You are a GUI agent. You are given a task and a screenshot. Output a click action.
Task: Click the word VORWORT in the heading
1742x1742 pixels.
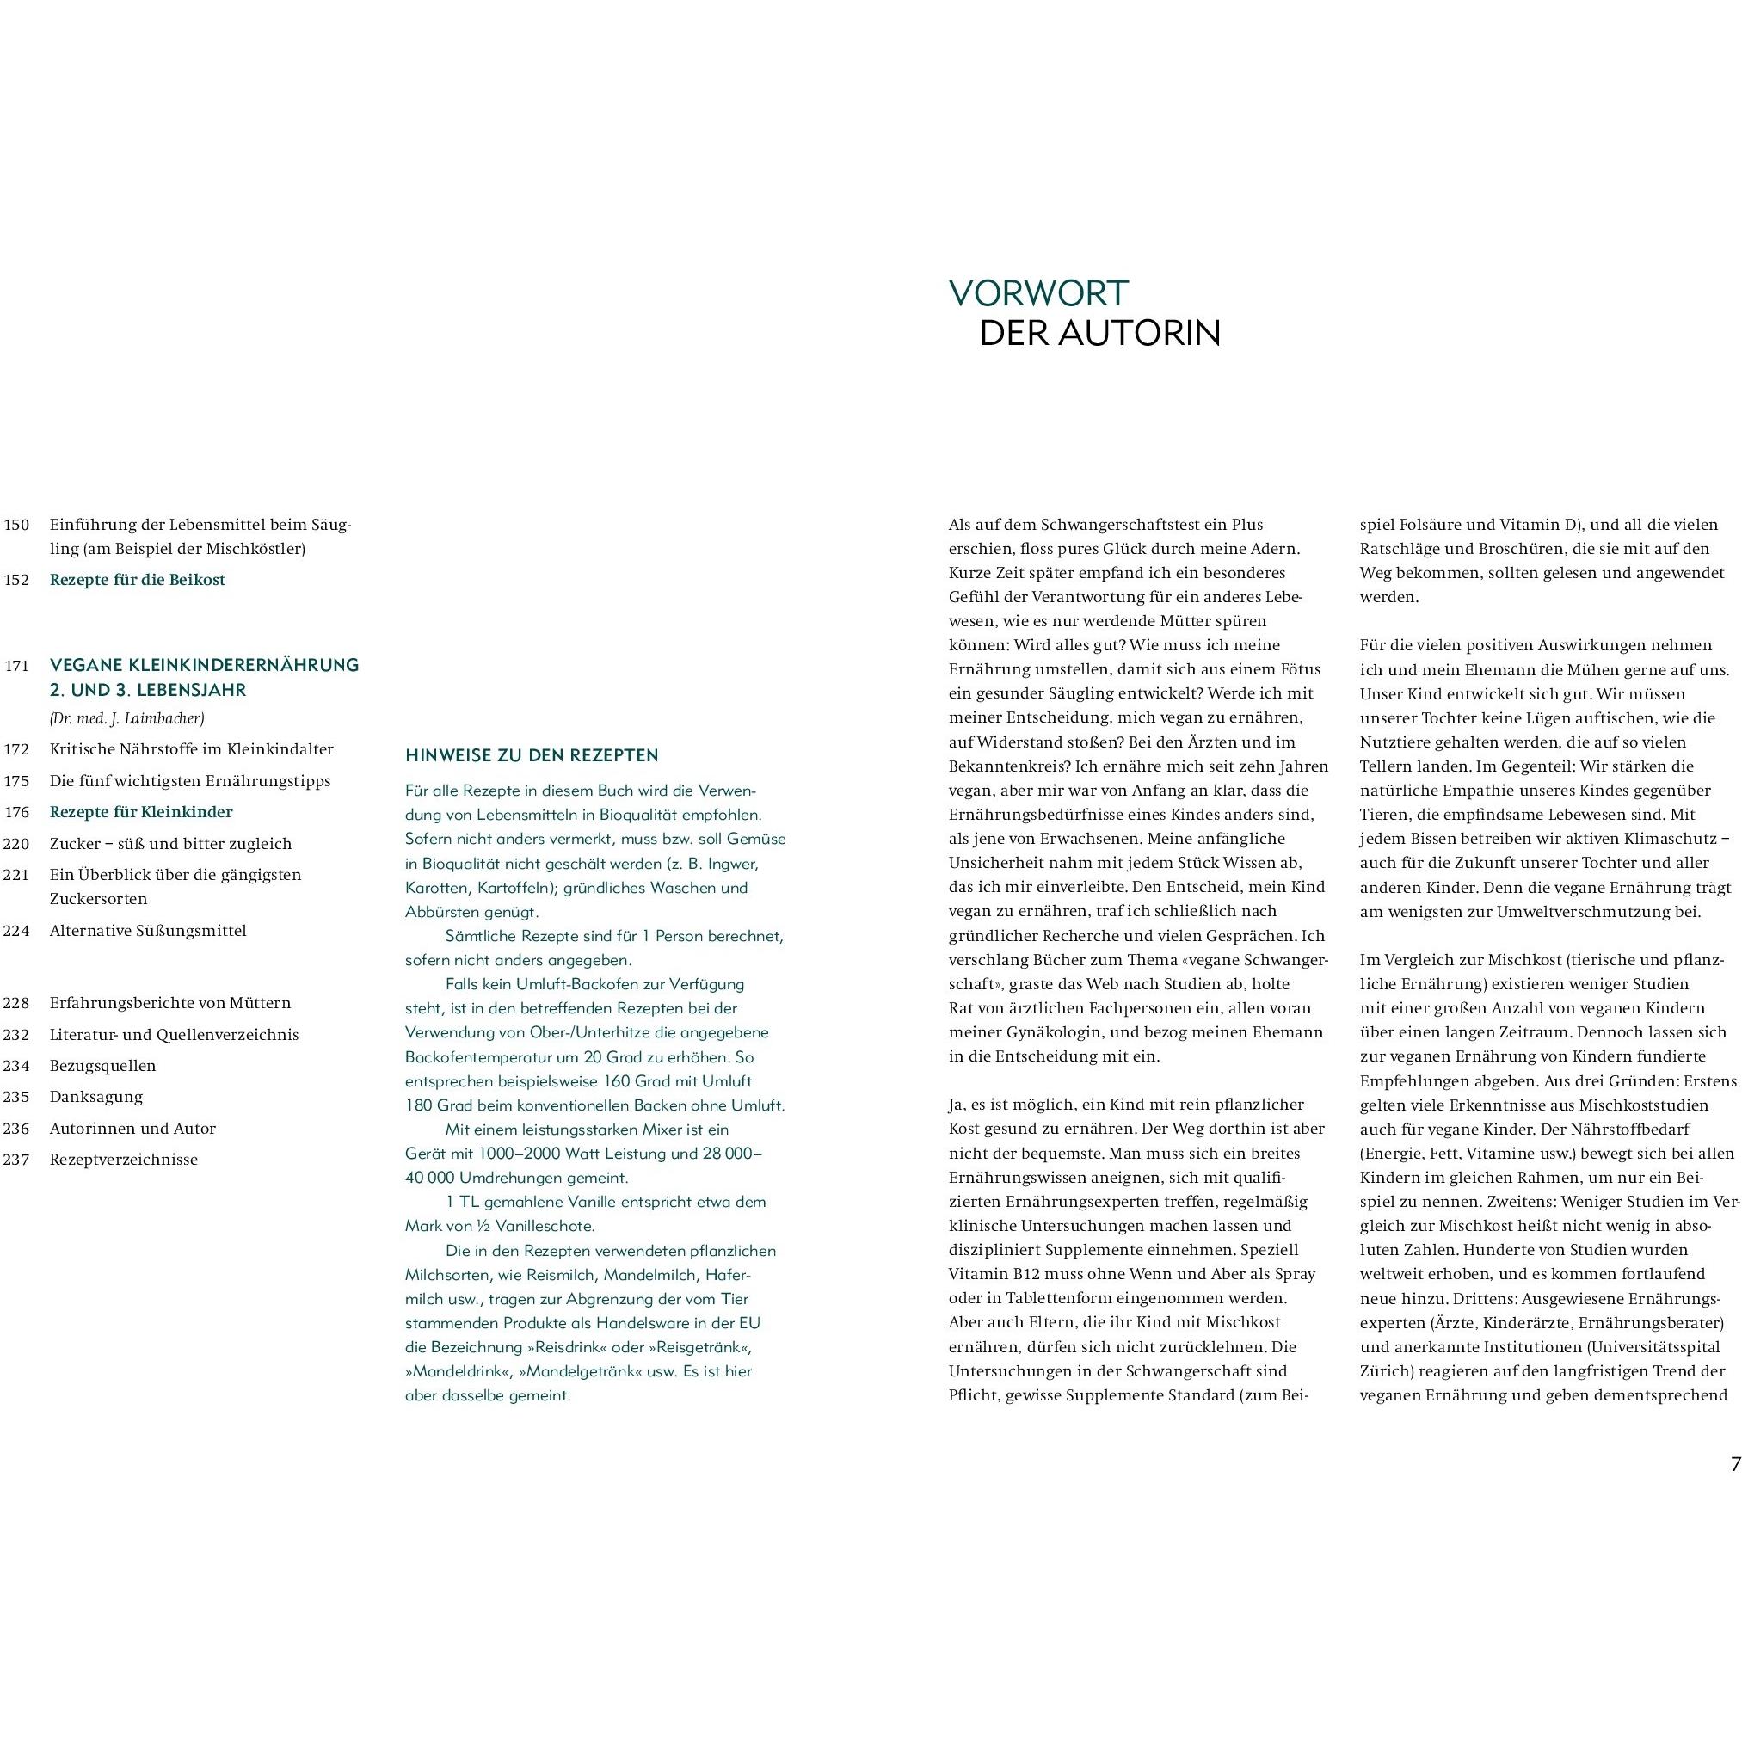[1037, 293]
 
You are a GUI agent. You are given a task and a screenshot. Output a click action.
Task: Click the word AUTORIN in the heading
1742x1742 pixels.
[1140, 334]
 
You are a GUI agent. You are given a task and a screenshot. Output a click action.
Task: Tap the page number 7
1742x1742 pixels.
[1735, 1464]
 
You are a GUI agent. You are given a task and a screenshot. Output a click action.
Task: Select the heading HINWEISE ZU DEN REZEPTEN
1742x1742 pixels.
[532, 755]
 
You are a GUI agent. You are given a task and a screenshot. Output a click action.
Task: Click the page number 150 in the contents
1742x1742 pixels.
[16, 525]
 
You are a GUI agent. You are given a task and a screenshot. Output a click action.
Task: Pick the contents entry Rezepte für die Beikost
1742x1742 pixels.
[137, 580]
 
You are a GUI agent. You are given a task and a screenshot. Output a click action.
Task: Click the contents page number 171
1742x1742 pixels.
[16, 667]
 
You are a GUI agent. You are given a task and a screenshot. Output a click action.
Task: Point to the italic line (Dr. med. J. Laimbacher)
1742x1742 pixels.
[127, 718]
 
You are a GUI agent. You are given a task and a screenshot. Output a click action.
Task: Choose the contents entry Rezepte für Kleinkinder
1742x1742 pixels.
[141, 811]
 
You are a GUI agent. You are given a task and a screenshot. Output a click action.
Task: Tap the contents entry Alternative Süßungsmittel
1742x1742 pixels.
[148, 931]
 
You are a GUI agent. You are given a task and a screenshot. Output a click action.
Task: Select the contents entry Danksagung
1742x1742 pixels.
[96, 1097]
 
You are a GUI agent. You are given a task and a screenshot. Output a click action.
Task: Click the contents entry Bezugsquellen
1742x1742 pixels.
[102, 1066]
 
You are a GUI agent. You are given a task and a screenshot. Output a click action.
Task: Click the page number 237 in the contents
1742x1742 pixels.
[16, 1160]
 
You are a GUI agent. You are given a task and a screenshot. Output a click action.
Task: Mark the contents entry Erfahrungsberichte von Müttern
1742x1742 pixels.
[170, 1003]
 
